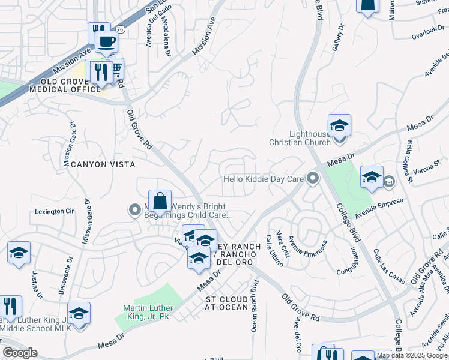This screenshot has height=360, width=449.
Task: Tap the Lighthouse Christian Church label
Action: click(300, 138)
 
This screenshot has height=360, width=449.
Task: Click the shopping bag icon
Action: click(160, 201)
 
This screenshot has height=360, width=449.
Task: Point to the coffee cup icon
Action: click(106, 41)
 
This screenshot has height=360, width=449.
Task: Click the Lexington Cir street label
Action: click(54, 211)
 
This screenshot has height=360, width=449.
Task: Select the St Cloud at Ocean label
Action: click(227, 303)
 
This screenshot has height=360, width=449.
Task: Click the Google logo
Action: click(20, 353)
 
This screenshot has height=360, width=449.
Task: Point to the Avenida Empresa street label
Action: click(380, 204)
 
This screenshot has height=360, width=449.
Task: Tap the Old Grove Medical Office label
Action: click(65, 85)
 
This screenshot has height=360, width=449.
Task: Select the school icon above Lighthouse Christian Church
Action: click(339, 125)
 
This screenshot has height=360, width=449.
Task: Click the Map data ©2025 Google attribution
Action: click(412, 355)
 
